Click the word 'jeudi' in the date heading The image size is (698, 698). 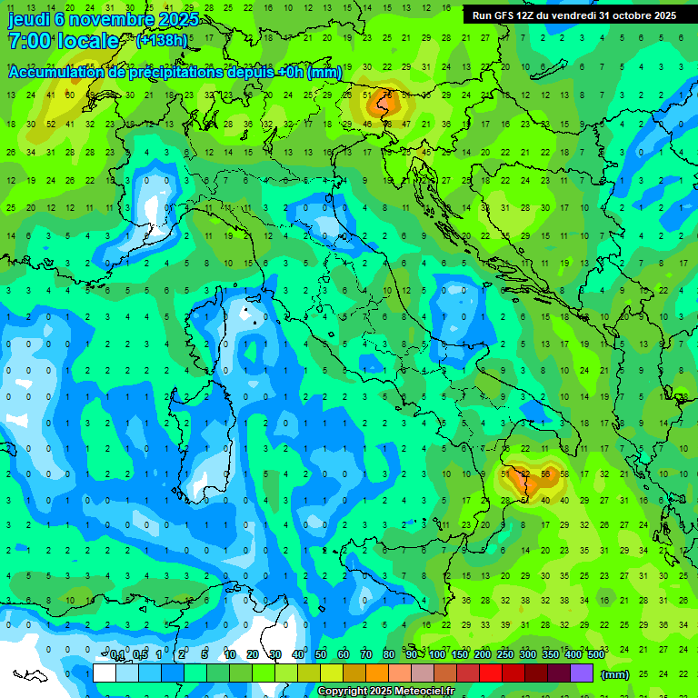(x=28, y=19)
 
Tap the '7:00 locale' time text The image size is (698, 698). (x=64, y=42)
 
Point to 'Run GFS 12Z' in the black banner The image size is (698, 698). (x=504, y=15)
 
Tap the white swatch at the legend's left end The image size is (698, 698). (x=104, y=673)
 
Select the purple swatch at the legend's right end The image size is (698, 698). (x=582, y=673)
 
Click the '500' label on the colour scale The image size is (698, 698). (x=596, y=655)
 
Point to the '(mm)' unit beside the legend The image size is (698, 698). (x=614, y=674)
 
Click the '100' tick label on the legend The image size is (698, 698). (x=437, y=655)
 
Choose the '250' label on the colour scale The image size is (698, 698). (x=505, y=655)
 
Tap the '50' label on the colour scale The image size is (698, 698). (x=321, y=655)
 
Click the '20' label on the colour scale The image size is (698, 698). (x=253, y=655)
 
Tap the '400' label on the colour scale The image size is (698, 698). (x=573, y=655)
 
